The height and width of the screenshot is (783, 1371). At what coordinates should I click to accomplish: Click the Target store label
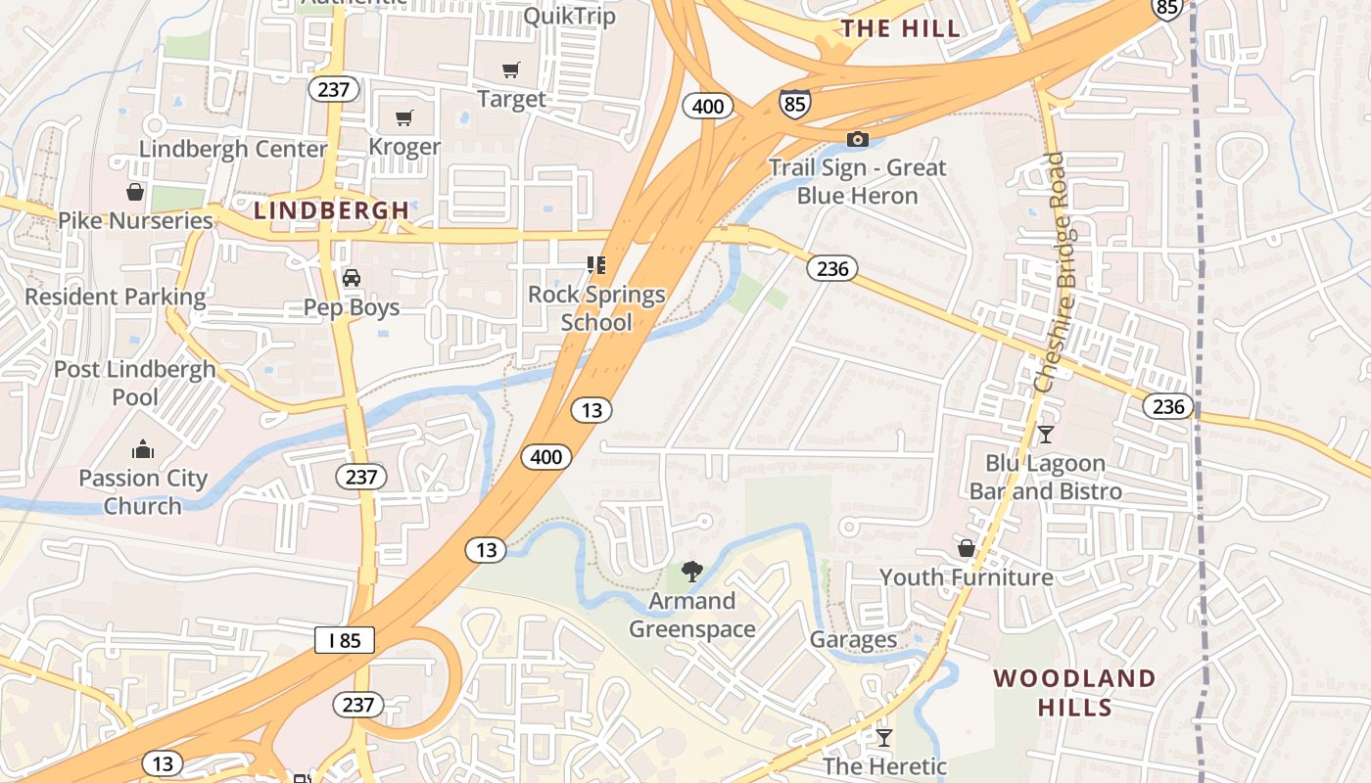coord(511,99)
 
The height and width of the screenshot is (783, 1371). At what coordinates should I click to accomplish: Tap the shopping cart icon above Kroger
coord(403,118)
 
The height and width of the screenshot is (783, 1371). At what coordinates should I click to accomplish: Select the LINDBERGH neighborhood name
coord(331,209)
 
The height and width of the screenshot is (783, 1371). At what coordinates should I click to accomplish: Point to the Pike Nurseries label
coord(135,220)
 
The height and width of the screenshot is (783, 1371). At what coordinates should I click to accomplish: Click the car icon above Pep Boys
coord(352,278)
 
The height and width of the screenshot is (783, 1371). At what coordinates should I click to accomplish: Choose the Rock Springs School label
coord(596,307)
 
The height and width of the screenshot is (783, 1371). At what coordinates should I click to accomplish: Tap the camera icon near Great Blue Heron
coord(857,139)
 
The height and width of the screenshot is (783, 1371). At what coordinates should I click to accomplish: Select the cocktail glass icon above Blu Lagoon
coord(1045,435)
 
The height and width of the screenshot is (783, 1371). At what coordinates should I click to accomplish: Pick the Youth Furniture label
coord(966,576)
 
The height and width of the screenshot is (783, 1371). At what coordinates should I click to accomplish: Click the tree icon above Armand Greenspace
coord(691,572)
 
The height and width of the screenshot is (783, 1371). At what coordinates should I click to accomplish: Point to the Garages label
coord(853,639)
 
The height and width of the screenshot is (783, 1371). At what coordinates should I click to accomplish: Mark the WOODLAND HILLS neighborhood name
coord(1073,692)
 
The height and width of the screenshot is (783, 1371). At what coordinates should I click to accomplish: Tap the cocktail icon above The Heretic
coord(884,737)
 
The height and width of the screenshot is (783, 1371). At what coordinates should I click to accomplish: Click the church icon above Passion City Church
coord(143,450)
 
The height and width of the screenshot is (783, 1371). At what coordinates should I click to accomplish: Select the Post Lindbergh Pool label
coord(135,383)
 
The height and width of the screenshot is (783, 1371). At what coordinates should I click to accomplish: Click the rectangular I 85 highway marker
coord(345,641)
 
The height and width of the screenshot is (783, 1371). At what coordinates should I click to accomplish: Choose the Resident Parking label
coord(116,297)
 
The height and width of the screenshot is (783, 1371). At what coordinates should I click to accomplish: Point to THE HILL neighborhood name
coord(901,28)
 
